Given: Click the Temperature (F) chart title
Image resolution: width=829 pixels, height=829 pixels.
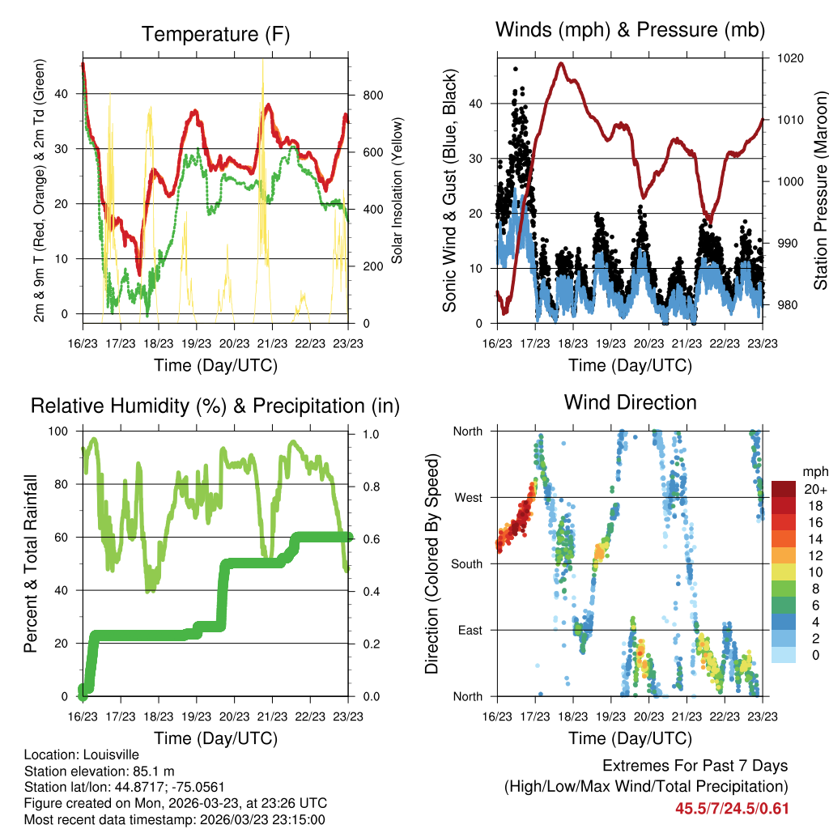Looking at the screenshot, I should click(215, 34).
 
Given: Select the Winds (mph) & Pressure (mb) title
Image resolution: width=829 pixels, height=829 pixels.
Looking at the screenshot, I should click(630, 30).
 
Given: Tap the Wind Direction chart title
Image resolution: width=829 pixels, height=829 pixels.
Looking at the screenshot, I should click(630, 402).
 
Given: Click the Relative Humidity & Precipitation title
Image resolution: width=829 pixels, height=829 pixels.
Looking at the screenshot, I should click(215, 406).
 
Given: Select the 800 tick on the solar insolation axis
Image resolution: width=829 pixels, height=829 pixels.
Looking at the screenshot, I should click(372, 96).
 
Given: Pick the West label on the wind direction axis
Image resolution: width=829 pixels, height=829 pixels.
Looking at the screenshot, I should click(467, 497).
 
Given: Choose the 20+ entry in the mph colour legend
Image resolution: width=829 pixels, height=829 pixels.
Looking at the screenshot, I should click(815, 489).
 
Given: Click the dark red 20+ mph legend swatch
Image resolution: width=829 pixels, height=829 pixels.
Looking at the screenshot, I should click(785, 489).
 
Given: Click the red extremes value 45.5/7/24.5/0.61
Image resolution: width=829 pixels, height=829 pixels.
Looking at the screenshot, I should click(732, 808).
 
